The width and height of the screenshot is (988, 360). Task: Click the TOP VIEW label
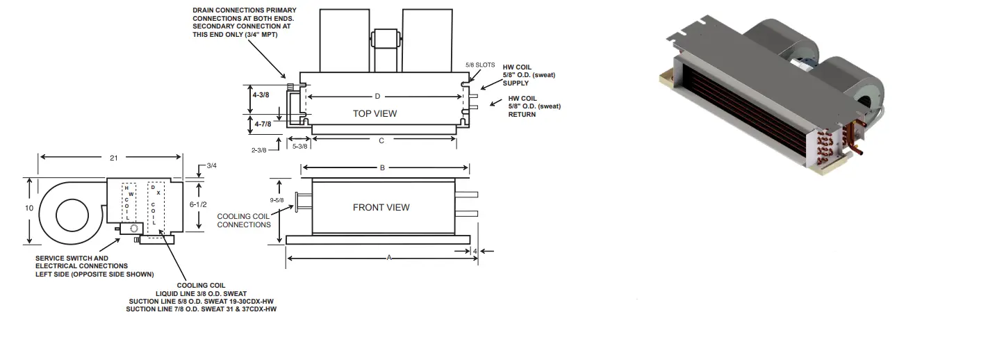[x=375, y=113]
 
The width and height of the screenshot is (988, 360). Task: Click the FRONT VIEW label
[x=381, y=207]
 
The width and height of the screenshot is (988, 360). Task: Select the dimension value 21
[x=113, y=158]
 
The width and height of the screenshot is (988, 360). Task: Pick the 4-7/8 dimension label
[x=263, y=124]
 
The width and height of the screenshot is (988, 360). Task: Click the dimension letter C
[x=381, y=140]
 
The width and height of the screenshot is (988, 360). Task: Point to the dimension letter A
[x=389, y=257]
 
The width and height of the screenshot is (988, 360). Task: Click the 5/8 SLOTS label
[x=480, y=65]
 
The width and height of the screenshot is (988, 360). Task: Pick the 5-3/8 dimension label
[x=300, y=146]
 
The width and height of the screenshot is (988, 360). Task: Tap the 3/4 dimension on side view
[x=211, y=165]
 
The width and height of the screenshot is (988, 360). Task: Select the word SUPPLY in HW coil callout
[x=515, y=83]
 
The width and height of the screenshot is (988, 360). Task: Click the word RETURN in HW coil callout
[x=522, y=114]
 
